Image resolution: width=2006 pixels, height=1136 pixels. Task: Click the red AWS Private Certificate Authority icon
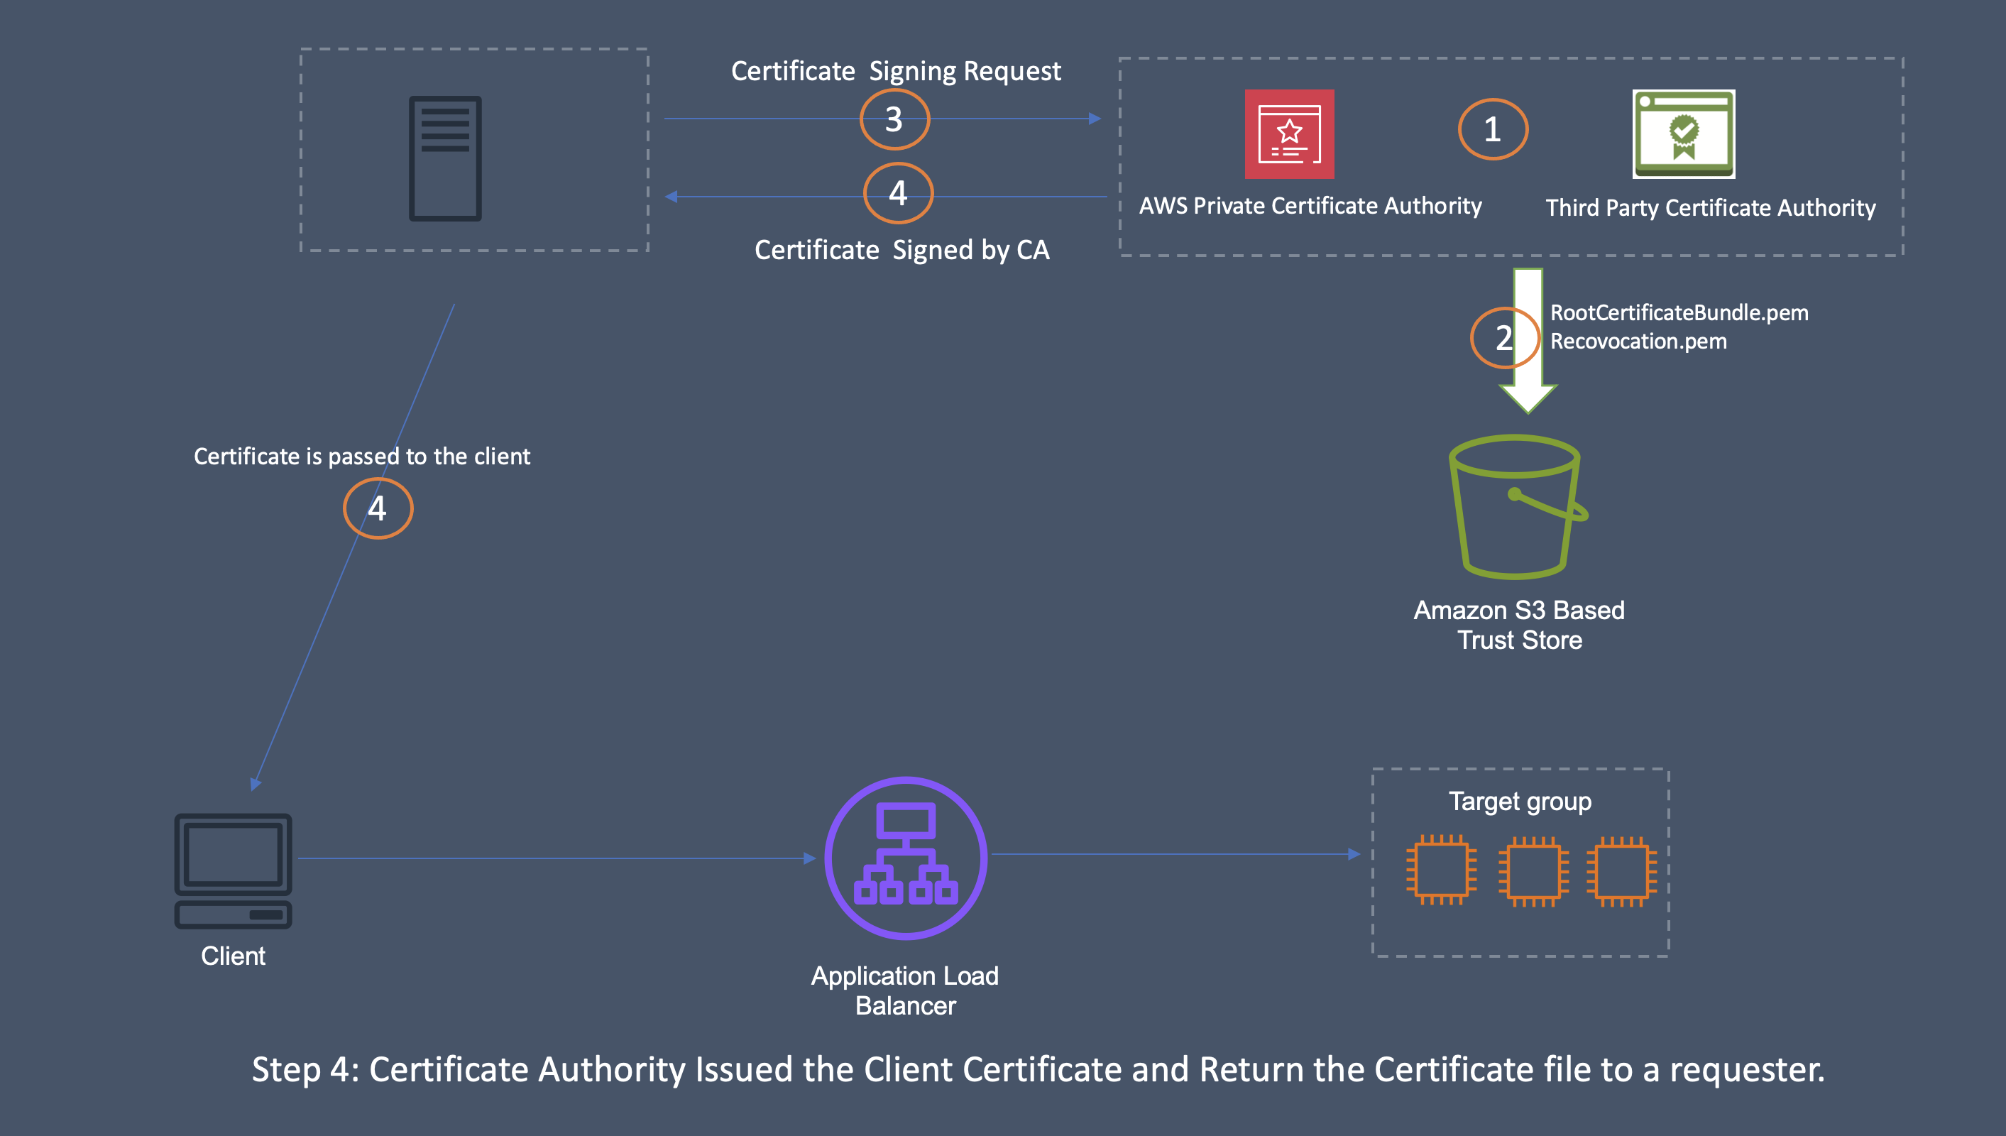[x=1288, y=134]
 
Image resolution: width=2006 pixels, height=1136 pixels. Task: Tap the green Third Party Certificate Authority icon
[x=1683, y=134]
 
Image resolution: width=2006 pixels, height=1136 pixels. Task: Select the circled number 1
[x=1492, y=129]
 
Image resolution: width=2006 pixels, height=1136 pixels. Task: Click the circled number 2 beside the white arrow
[x=1503, y=338]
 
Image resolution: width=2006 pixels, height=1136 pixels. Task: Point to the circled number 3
[x=894, y=119]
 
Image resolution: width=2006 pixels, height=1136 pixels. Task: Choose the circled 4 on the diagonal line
[x=378, y=508]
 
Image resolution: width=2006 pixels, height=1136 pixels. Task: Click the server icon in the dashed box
[x=444, y=158]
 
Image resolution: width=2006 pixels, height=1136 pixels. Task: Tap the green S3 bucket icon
[x=1516, y=507]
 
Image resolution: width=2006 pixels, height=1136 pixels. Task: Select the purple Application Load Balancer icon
[x=906, y=858]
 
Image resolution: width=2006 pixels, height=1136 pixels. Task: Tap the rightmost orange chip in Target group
[x=1621, y=870]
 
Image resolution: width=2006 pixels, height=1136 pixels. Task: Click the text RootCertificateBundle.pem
[x=1679, y=313]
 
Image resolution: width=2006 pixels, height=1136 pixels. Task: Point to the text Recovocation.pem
[x=1638, y=342]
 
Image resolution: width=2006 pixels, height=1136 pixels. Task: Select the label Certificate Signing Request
[x=895, y=71]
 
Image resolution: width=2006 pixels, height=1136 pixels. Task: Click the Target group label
[x=1519, y=802]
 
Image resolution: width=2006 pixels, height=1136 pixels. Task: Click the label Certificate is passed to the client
[x=362, y=457]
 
